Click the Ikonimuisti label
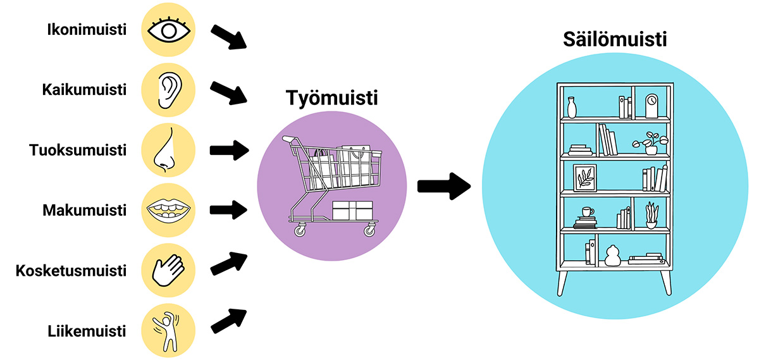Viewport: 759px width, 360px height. tap(87, 30)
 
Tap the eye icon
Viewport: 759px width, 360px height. tap(168, 30)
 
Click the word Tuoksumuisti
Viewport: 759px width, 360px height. tap(78, 151)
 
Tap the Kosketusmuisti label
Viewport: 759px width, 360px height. tap(71, 271)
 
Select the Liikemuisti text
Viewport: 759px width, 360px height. tap(87, 331)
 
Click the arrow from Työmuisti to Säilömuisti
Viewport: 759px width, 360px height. tap(445, 186)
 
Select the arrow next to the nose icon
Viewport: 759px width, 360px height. tap(229, 151)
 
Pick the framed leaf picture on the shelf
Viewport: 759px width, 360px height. tap(584, 178)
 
